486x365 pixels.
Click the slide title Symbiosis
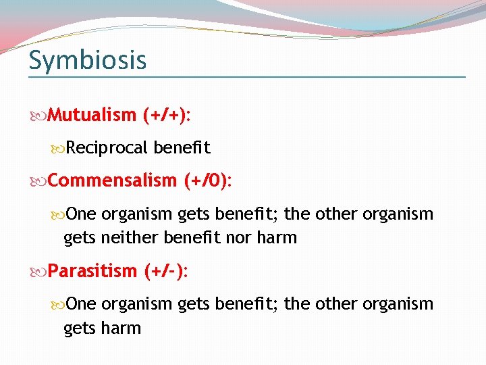(x=87, y=60)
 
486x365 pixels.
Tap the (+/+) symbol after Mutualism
(x=166, y=115)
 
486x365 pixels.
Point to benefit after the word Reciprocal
(x=182, y=147)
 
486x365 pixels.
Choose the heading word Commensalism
(x=111, y=180)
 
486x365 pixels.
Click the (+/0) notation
(x=207, y=180)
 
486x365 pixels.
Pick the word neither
(x=132, y=237)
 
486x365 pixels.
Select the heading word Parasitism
(x=92, y=271)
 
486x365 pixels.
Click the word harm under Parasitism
(x=122, y=328)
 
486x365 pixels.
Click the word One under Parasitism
(x=82, y=303)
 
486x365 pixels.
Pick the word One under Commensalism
(x=82, y=214)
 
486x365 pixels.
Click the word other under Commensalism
(x=335, y=214)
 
